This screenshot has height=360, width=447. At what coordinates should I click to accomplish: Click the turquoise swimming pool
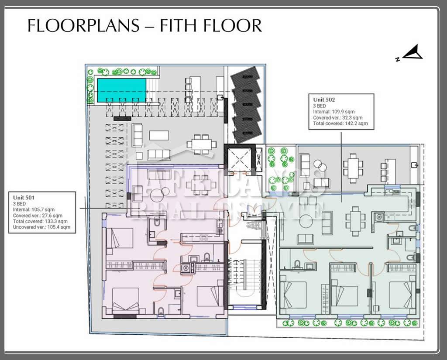(122, 90)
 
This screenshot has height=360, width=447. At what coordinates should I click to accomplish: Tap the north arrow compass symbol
(410, 53)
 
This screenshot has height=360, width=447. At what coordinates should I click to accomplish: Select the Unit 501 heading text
(24, 198)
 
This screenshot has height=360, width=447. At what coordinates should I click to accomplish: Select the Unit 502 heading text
(324, 100)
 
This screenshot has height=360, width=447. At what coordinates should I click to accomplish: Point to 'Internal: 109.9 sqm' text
(334, 112)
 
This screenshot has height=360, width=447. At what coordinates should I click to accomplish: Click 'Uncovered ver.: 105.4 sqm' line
(41, 227)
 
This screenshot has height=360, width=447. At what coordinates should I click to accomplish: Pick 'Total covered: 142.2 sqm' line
(340, 123)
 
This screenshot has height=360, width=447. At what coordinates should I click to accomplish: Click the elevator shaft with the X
(240, 160)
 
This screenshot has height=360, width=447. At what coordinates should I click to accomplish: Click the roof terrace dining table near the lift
(202, 144)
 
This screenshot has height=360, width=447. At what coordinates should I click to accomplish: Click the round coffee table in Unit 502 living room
(306, 221)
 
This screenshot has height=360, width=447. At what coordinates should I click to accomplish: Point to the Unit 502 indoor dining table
(355, 221)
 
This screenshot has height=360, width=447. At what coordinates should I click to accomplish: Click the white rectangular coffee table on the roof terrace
(159, 135)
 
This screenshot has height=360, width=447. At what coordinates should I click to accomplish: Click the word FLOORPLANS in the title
(83, 25)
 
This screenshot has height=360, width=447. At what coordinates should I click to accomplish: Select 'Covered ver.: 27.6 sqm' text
(38, 216)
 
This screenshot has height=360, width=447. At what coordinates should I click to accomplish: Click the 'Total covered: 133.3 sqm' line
(40, 221)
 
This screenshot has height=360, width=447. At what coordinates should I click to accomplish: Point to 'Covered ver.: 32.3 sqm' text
(338, 117)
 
